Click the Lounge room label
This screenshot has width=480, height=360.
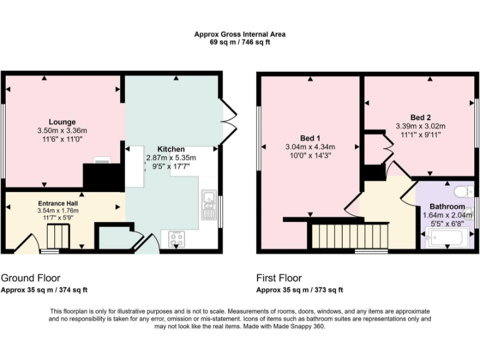(x=62, y=122)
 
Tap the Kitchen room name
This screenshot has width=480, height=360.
(x=171, y=149)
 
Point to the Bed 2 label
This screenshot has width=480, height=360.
(x=420, y=117)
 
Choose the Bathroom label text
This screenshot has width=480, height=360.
(x=447, y=207)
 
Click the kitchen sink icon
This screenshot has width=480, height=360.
(x=208, y=201)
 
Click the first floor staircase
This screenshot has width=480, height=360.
(x=349, y=236)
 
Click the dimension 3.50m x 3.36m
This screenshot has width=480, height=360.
(x=62, y=131)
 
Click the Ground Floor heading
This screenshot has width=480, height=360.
(x=31, y=278)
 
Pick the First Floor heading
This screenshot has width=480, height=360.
(x=279, y=278)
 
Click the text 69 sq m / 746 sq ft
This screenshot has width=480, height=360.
(x=239, y=42)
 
